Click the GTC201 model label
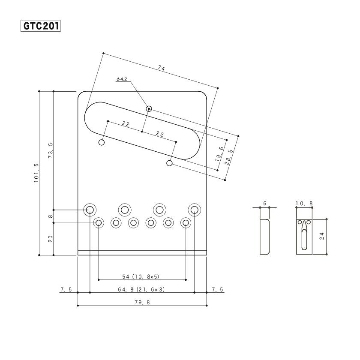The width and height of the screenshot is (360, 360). [41, 26]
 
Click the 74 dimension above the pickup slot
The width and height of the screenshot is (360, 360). [161, 68]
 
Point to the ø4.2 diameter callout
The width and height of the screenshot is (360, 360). [122, 79]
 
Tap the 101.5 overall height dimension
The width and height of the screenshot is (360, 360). [36, 173]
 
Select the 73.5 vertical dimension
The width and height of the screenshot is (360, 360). [51, 150]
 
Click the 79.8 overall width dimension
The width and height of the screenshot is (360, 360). [142, 303]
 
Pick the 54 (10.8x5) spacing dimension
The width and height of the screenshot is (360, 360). [141, 277]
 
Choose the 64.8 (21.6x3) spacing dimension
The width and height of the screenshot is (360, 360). [141, 290]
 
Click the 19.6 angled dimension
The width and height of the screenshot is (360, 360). [219, 153]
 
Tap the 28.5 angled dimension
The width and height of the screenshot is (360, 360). [229, 157]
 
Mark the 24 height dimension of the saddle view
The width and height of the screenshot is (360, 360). [322, 236]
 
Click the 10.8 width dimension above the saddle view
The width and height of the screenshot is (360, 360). [304, 204]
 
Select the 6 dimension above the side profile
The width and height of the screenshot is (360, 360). [265, 204]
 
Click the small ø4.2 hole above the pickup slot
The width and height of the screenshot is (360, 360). [149, 108]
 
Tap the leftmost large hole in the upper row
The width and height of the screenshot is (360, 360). [90, 210]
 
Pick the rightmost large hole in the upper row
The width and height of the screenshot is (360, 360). [195, 210]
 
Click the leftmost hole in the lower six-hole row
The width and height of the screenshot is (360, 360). [99, 222]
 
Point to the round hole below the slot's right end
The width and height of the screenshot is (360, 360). [169, 163]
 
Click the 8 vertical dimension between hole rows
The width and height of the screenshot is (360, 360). [51, 216]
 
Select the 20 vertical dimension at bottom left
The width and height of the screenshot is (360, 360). [51, 239]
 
